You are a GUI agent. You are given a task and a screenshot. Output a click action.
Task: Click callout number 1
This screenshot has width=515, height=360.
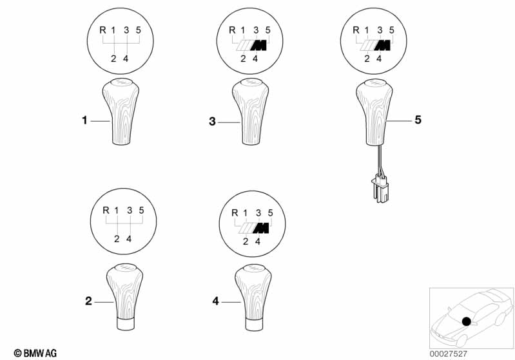(84, 120)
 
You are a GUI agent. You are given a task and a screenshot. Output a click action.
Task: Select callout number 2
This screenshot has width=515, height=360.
(88, 301)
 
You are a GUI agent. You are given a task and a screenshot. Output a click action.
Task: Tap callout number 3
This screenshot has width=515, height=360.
(212, 122)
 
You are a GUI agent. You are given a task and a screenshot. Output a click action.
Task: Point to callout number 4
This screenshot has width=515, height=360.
(215, 301)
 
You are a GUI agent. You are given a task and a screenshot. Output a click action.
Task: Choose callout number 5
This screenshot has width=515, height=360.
(418, 120)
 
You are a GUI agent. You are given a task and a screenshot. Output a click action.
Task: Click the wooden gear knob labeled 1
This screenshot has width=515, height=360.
(121, 111)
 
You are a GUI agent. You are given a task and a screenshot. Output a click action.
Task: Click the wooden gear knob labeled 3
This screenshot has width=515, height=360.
(250, 111)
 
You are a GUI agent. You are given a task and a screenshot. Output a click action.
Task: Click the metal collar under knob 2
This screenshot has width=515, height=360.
(125, 323)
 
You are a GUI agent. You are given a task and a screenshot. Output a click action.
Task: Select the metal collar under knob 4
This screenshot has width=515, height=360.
(254, 323)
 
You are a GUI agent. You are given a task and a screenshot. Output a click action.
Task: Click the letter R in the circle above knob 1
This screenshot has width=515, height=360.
(102, 30)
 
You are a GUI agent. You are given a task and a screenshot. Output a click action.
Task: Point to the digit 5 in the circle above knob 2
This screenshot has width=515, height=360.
(142, 210)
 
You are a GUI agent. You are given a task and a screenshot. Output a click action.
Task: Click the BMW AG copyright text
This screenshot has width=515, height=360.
(35, 353)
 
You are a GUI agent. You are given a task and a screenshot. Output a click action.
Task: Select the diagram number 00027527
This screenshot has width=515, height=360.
(449, 354)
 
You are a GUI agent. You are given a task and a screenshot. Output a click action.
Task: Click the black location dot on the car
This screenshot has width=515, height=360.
(466, 321)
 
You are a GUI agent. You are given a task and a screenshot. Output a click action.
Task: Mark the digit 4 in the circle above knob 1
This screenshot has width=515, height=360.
(126, 59)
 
